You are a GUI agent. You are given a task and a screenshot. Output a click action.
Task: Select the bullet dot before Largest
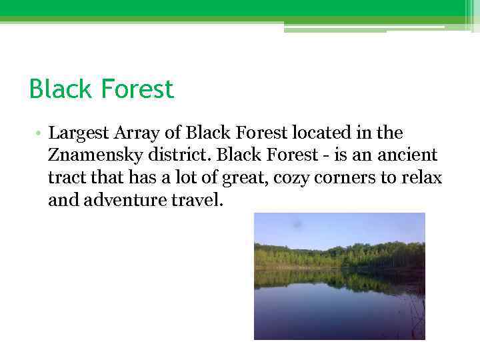(x=41, y=133)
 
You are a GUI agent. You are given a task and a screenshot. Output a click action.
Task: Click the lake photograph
(x=339, y=276)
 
